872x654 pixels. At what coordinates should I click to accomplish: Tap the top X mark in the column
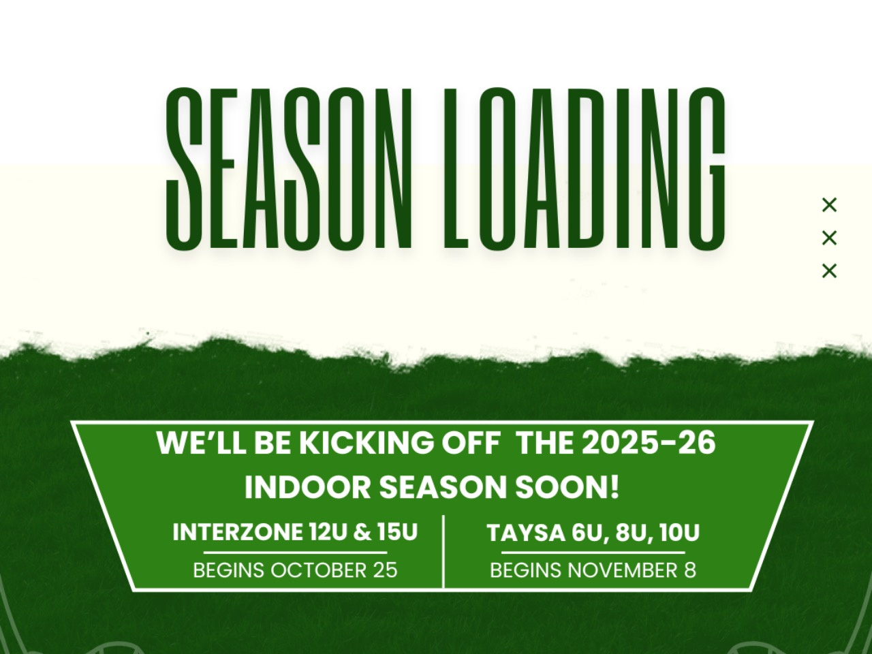[x=829, y=205]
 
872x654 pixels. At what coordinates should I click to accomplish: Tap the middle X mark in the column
[x=829, y=238]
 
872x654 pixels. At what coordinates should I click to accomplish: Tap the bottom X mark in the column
[x=829, y=271]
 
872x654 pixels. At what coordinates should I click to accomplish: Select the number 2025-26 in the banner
[x=649, y=443]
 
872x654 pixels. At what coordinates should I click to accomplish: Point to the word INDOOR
[x=307, y=487]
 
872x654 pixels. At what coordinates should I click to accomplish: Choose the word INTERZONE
[x=238, y=532]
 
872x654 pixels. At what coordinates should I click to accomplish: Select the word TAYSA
[x=527, y=533]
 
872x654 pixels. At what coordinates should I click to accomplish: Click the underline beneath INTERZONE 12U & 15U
[x=295, y=552]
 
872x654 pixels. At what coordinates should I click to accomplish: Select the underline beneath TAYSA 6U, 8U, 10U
[x=593, y=552]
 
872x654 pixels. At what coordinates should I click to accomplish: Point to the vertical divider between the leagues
[x=443, y=551]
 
